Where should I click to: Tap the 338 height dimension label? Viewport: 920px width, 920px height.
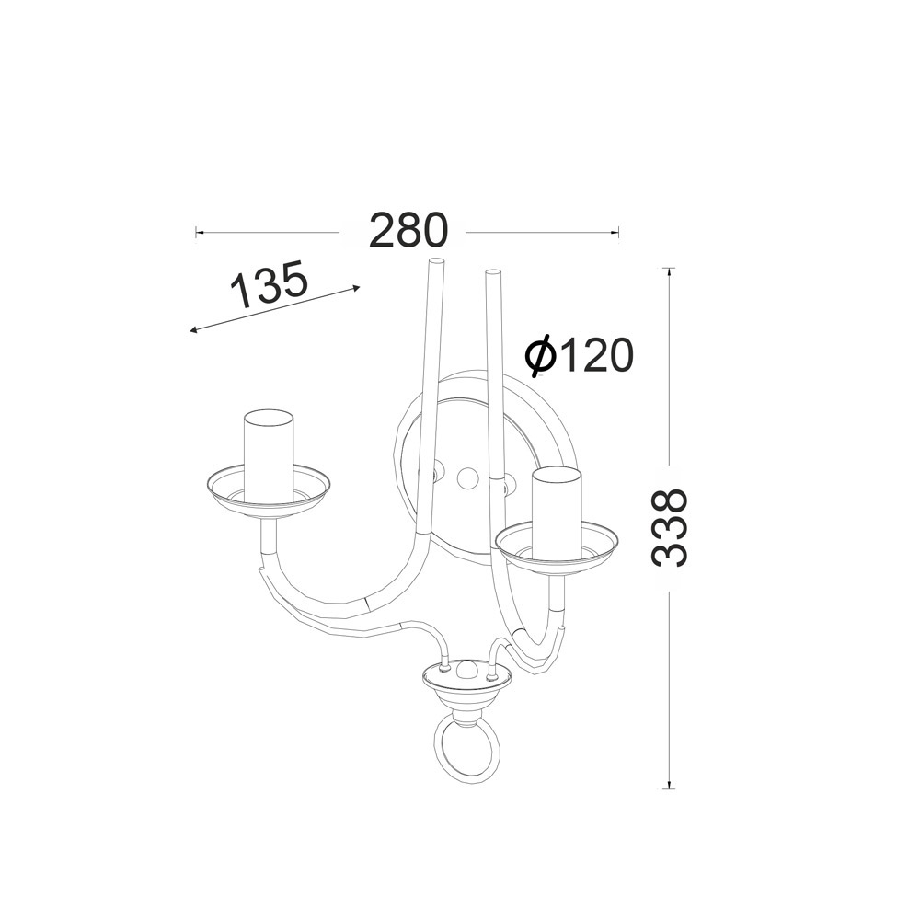tap(670, 527)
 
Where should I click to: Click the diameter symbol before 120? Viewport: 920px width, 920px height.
tap(540, 355)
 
